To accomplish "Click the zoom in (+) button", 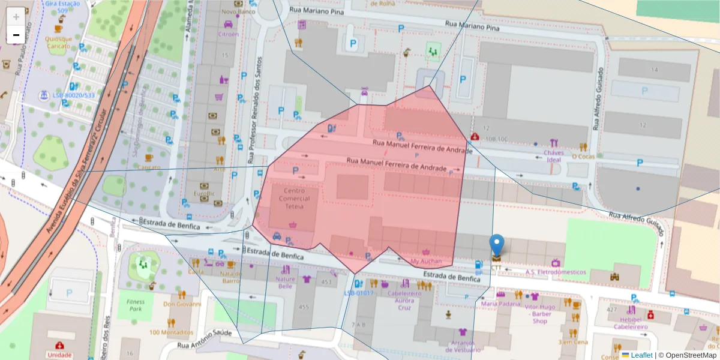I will [16, 16].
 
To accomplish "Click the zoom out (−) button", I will [16, 35].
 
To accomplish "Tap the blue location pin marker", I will [497, 245].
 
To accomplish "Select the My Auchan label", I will [426, 262].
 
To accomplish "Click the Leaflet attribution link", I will [641, 355].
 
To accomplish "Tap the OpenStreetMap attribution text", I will [690, 355].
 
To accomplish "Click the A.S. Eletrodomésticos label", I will [556, 272].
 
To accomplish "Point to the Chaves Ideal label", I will [553, 156].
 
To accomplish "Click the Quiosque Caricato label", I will [58, 43].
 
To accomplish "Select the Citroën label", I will [228, 34].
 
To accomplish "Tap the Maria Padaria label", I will [500, 304].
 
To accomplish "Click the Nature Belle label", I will [285, 282].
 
